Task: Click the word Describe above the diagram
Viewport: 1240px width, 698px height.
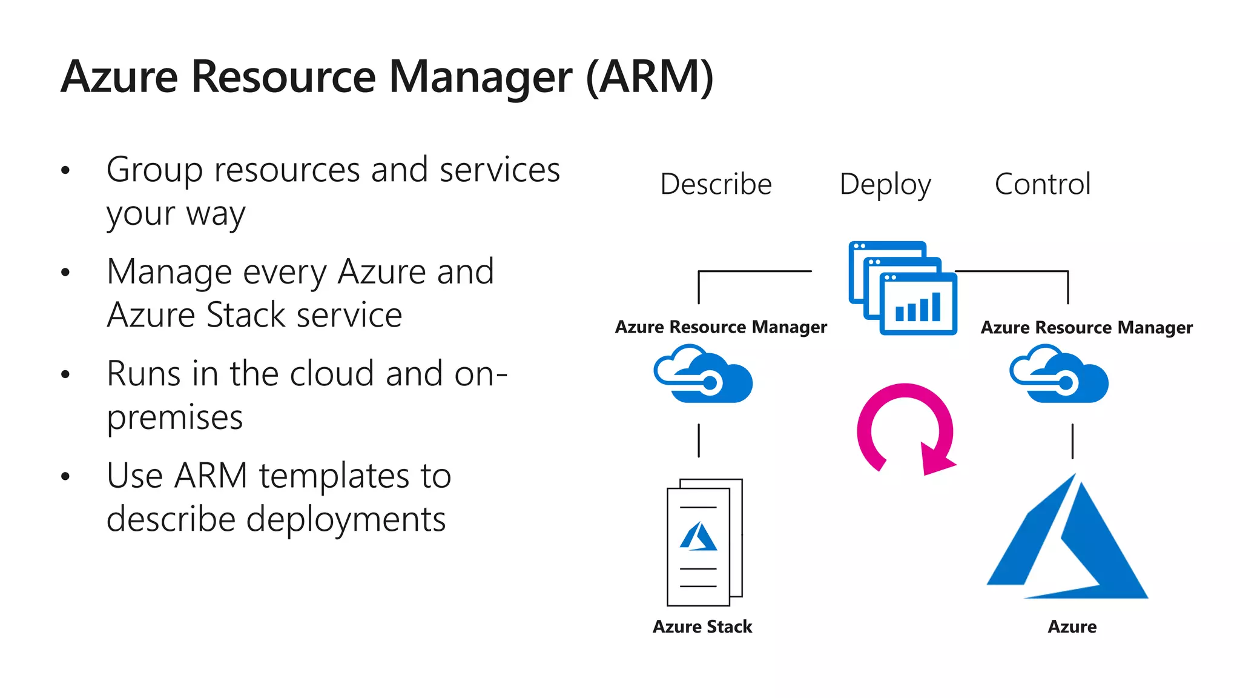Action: [x=716, y=184]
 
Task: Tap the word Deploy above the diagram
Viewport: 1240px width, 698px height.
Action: [x=885, y=185]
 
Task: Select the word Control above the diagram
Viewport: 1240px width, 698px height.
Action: [x=1042, y=184]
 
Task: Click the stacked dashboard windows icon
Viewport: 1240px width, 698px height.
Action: [x=903, y=288]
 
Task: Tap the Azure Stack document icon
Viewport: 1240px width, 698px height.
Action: [x=704, y=542]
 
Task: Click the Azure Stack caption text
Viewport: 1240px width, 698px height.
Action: [x=702, y=627]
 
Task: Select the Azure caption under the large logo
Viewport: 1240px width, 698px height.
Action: [x=1072, y=627]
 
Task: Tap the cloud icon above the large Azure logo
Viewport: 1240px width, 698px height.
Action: [x=1059, y=374]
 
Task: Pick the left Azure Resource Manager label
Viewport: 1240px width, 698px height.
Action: [x=721, y=327]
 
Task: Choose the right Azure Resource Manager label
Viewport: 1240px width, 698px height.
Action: [x=1086, y=328]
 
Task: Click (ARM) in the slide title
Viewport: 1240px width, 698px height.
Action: [x=650, y=77]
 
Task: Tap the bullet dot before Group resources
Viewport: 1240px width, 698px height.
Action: [x=65, y=170]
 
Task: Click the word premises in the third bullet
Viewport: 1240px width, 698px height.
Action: [x=174, y=418]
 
